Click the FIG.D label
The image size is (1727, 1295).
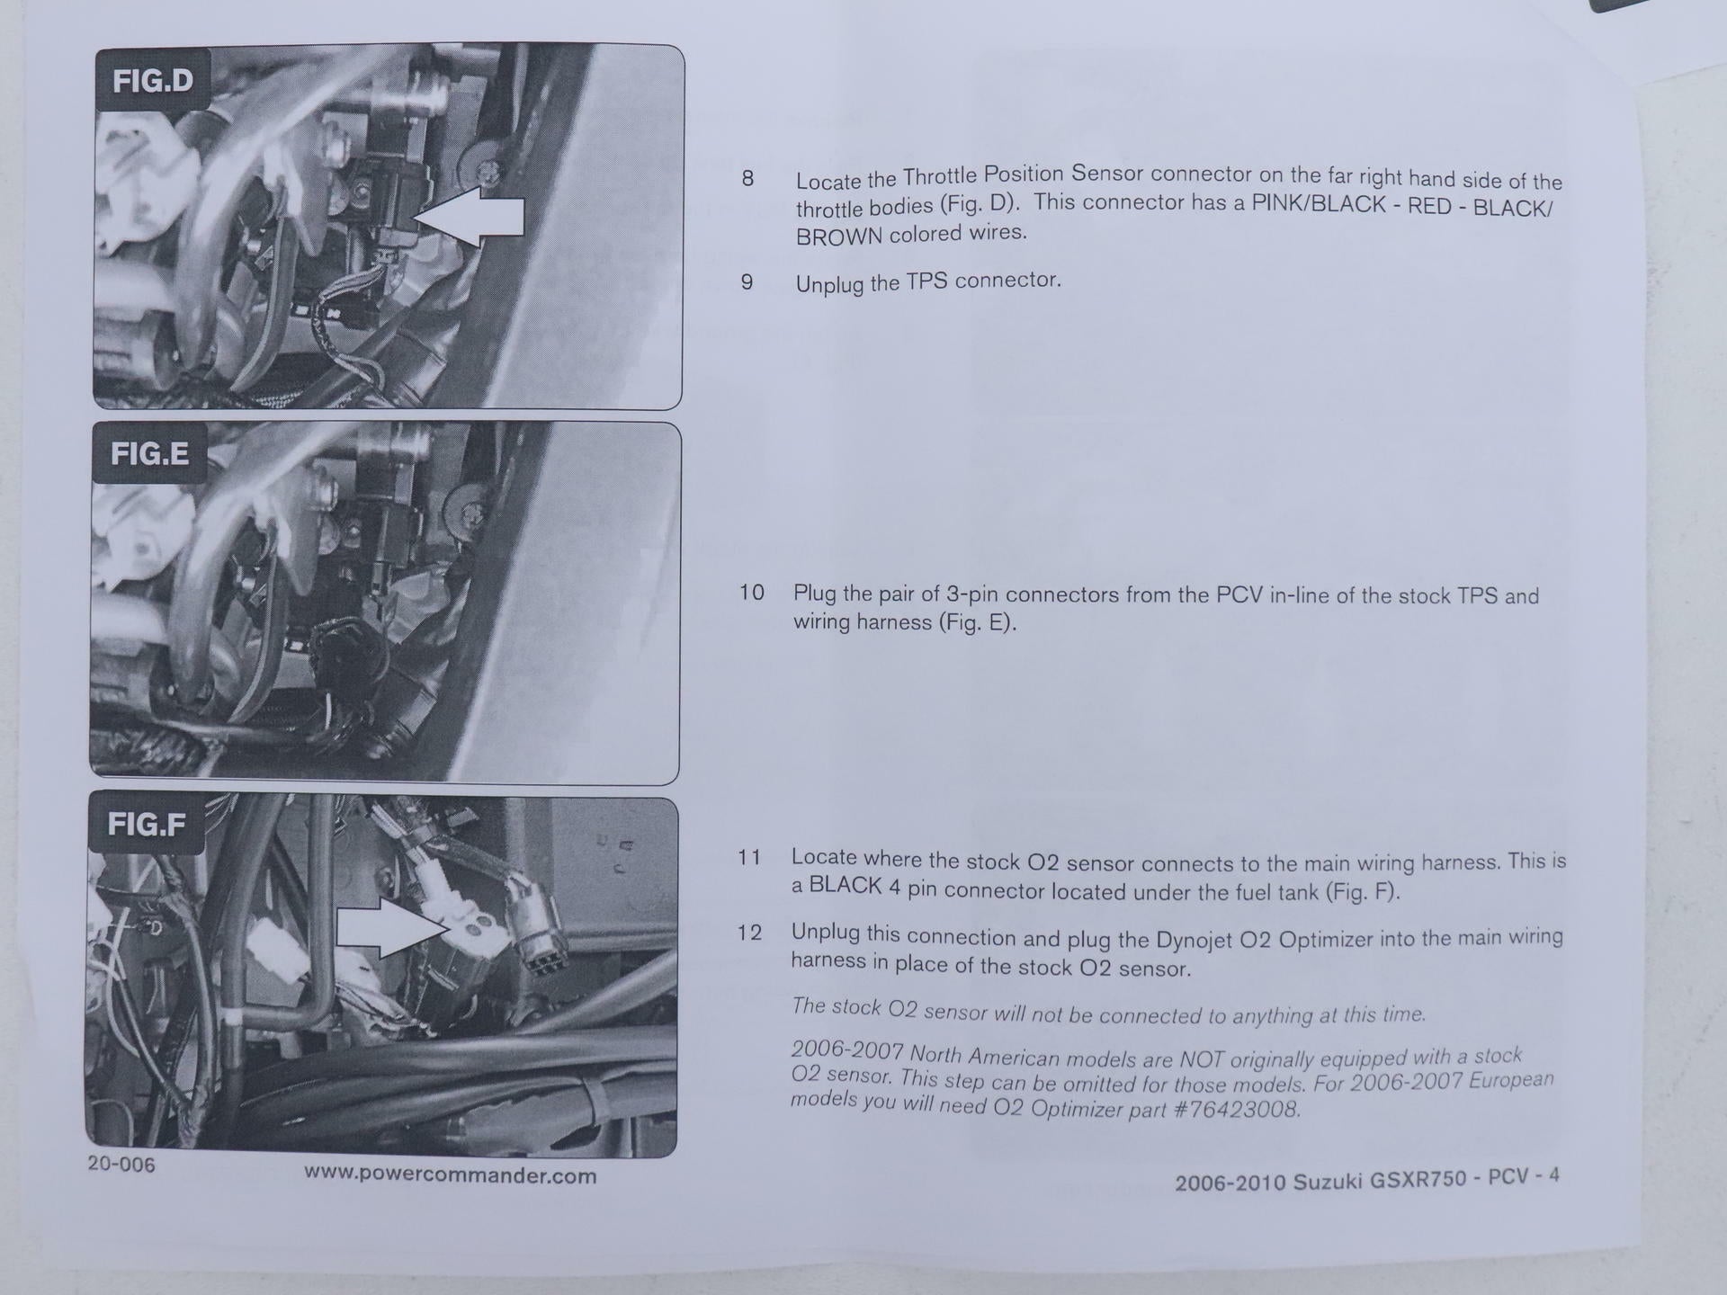pos(152,81)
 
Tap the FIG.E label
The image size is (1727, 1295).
pos(149,453)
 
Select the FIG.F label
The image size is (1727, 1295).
pos(147,824)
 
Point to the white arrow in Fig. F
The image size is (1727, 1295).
pos(391,926)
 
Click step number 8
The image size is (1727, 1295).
pos(747,178)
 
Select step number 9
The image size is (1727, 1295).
pos(747,282)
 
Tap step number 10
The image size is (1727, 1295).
pos(752,592)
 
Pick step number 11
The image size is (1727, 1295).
pos(749,857)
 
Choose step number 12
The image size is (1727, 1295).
pos(749,933)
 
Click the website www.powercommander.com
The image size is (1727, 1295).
pos(450,1174)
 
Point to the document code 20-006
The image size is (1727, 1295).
pos(121,1164)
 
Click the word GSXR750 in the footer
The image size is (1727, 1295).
pos(1419,1179)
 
